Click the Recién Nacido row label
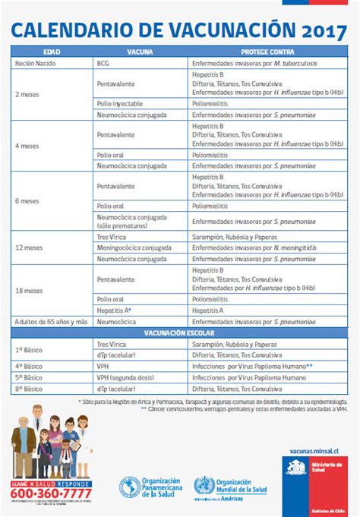tap(36, 65)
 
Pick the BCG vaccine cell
tap(103, 65)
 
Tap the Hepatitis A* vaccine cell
tap(115, 311)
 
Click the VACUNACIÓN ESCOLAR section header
tap(179, 333)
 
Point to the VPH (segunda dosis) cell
tap(127, 377)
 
